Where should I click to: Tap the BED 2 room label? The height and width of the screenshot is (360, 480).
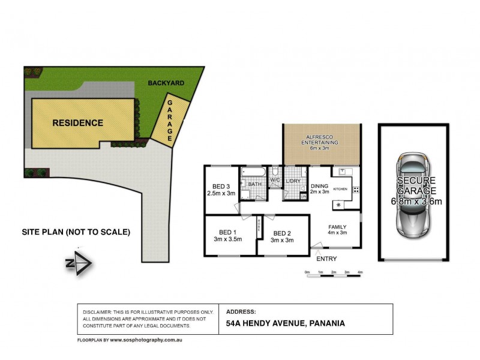tap(282, 233)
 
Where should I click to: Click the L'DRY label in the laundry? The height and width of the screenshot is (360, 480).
tap(293, 181)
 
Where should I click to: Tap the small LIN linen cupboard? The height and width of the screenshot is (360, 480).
tap(304, 196)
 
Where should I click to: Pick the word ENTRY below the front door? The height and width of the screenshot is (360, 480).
tap(328, 259)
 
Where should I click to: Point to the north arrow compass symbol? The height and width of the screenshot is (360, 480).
tap(79, 263)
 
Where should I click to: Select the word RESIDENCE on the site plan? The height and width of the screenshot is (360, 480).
tap(77, 123)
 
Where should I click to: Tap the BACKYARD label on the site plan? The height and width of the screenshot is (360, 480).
tap(167, 84)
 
